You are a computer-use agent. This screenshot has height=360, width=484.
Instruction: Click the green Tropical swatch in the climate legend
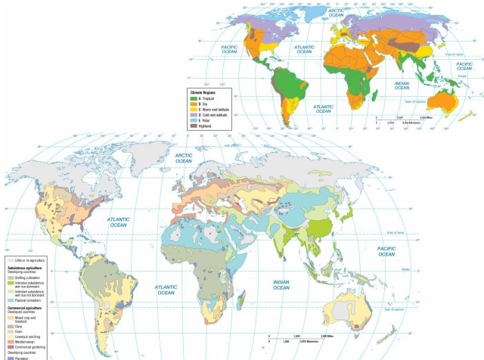pyautogui.click(x=192, y=98)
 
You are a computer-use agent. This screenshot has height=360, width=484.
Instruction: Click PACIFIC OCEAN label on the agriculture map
pyautogui.click(x=387, y=251)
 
